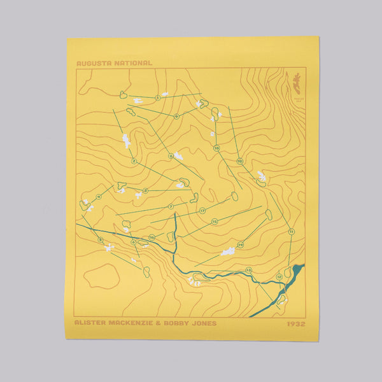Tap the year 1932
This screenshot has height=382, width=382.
pyautogui.click(x=297, y=323)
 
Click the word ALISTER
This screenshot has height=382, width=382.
pyautogui.click(x=90, y=323)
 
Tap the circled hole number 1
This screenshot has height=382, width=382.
pyautogui.click(x=157, y=97)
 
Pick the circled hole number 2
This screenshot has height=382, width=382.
pyautogui.click(x=134, y=161)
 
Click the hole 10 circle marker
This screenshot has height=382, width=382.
pyautogui.click(x=239, y=161)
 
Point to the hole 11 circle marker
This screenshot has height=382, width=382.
pyautogui.click(x=291, y=232)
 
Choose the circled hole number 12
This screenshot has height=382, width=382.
pyautogui.click(x=279, y=277)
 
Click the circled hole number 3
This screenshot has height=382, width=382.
pyautogui.click(x=145, y=190)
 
